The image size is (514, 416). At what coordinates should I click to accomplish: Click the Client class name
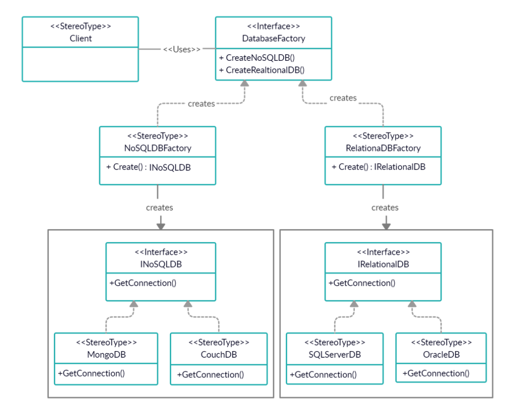(81, 38)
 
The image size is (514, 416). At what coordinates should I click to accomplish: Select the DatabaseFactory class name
(274, 38)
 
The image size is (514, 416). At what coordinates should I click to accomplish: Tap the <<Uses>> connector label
(182, 49)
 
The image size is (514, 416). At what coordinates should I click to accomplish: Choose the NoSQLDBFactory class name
(158, 148)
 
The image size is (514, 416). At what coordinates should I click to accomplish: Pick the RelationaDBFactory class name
(383, 148)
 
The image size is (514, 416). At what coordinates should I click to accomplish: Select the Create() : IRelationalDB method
(378, 167)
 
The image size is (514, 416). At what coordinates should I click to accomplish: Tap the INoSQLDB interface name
(161, 264)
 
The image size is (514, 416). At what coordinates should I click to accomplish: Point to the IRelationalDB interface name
(383, 264)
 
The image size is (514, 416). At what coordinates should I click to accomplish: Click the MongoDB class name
(106, 354)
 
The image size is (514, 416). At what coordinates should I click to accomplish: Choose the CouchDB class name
(219, 354)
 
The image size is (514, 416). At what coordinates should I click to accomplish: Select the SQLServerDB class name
(335, 354)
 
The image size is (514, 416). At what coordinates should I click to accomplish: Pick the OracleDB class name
(441, 354)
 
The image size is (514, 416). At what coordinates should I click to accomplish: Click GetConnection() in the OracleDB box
(436, 373)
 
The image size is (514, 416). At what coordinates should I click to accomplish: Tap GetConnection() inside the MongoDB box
(91, 373)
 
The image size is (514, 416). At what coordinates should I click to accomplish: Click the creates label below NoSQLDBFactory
(160, 207)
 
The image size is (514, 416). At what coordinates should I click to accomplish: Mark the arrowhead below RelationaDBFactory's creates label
(385, 226)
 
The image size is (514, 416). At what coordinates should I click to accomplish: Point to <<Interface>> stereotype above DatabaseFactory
(274, 26)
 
